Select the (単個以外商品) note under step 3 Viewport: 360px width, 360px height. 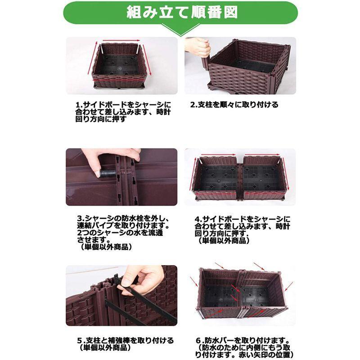pyautogui.click(x=105, y=247)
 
